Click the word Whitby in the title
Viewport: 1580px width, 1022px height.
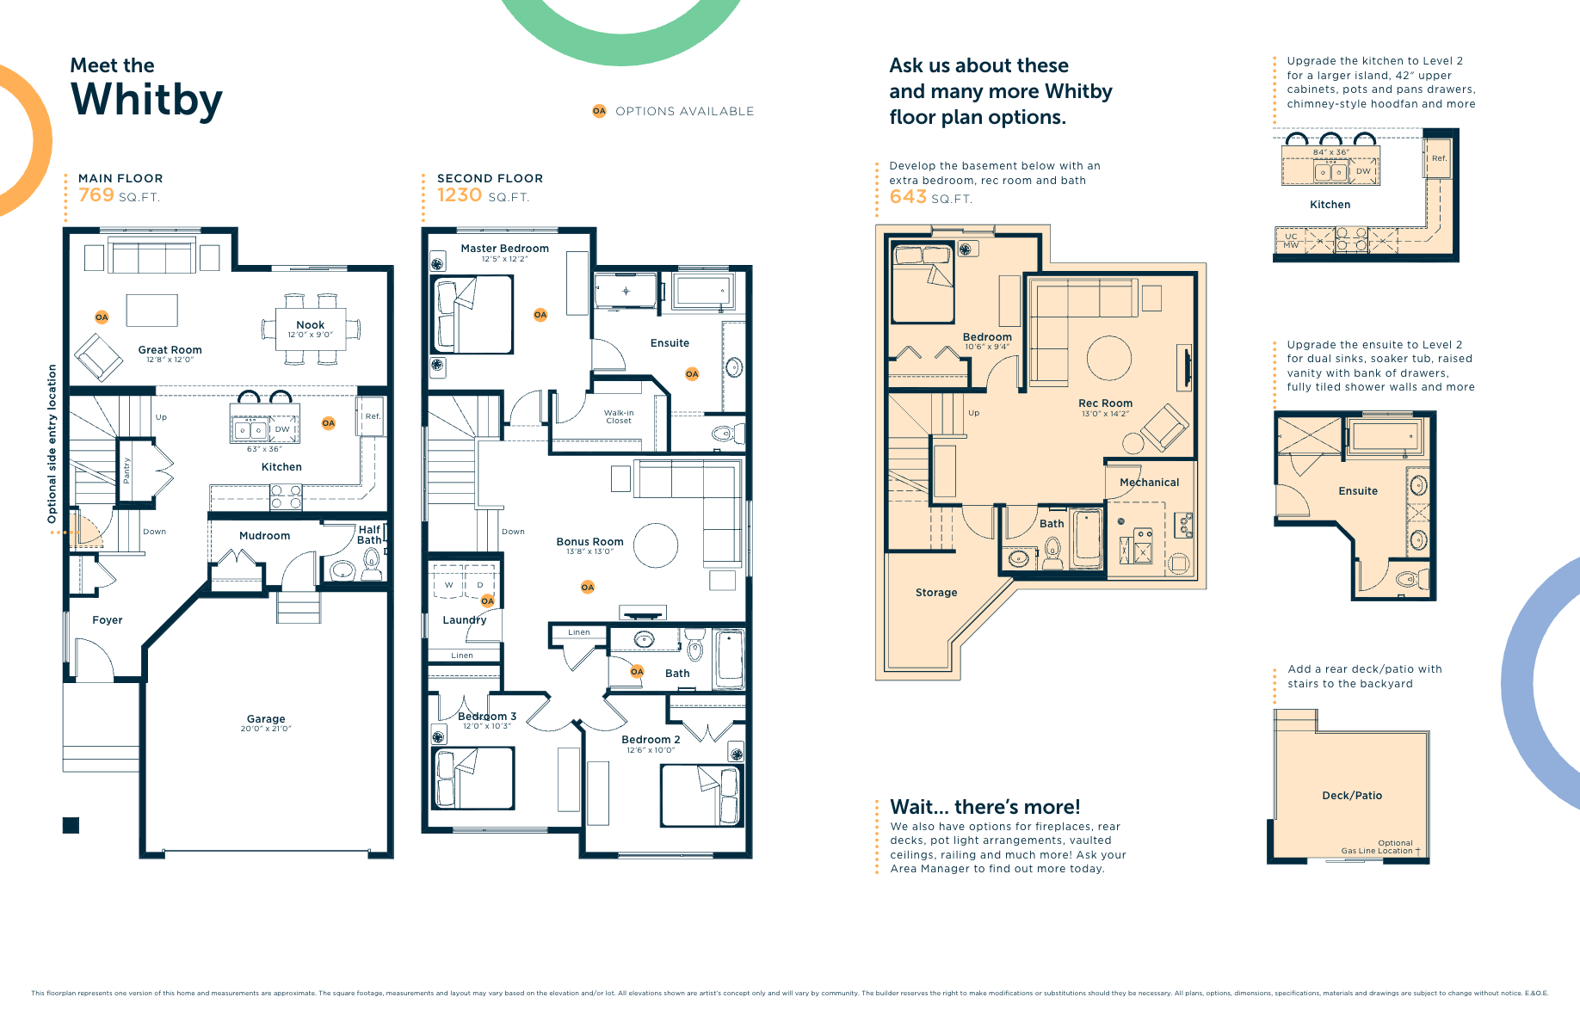coord(146,100)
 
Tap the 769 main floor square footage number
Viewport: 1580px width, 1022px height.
coord(96,195)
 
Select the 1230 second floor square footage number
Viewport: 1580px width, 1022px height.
coord(459,195)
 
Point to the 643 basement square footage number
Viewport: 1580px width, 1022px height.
coord(907,197)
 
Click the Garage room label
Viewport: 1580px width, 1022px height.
coord(265,719)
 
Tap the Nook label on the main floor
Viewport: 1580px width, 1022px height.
coord(310,325)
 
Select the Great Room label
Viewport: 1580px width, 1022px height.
coord(170,350)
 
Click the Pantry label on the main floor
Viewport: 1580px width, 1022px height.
coord(127,471)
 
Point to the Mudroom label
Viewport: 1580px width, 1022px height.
coord(264,536)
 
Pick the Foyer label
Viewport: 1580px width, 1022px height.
coord(107,620)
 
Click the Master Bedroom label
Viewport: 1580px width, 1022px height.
coord(504,249)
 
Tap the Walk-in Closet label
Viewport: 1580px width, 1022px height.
coord(618,416)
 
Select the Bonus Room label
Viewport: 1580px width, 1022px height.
coord(589,542)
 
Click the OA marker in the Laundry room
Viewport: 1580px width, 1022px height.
coord(487,600)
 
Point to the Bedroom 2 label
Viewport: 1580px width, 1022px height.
coord(651,740)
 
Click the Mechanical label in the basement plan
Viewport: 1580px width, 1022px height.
coord(1149,483)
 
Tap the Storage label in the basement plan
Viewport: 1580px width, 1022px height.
coord(936,593)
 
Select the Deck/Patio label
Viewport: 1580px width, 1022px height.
coord(1351,796)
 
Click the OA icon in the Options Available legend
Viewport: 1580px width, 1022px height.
coord(599,111)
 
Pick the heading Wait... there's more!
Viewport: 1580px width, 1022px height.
coord(984,807)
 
